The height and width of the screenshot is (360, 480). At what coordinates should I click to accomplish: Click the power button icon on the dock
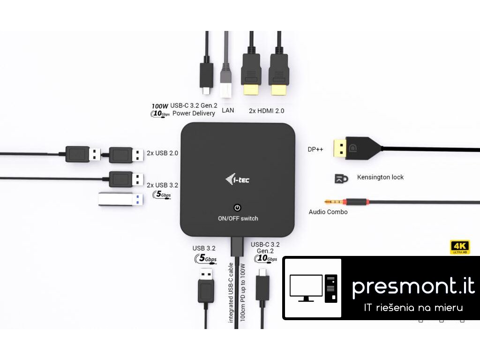pyautogui.click(x=238, y=208)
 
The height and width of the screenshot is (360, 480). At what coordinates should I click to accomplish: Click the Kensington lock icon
pyautogui.click(x=341, y=178)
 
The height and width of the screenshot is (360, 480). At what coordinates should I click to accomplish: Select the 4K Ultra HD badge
pyautogui.click(x=460, y=247)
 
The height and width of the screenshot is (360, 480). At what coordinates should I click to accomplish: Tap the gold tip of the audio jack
pyautogui.click(x=337, y=202)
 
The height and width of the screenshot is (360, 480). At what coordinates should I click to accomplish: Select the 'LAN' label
pyautogui.click(x=228, y=111)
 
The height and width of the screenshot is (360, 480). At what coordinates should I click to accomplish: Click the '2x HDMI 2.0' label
pyautogui.click(x=266, y=111)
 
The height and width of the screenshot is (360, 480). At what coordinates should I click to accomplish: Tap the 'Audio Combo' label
pyautogui.click(x=328, y=212)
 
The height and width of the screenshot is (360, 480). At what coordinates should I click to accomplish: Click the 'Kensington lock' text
pyautogui.click(x=380, y=177)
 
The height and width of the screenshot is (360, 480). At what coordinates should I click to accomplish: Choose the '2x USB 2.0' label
pyautogui.click(x=162, y=153)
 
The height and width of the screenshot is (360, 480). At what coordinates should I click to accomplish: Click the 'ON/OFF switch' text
pyautogui.click(x=238, y=218)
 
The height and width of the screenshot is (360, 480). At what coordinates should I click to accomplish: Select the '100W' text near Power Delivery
pyautogui.click(x=160, y=106)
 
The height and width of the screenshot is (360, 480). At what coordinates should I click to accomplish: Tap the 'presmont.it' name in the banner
pyautogui.click(x=413, y=285)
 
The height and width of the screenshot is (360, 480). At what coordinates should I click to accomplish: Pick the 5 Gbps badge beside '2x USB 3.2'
pyautogui.click(x=162, y=194)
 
